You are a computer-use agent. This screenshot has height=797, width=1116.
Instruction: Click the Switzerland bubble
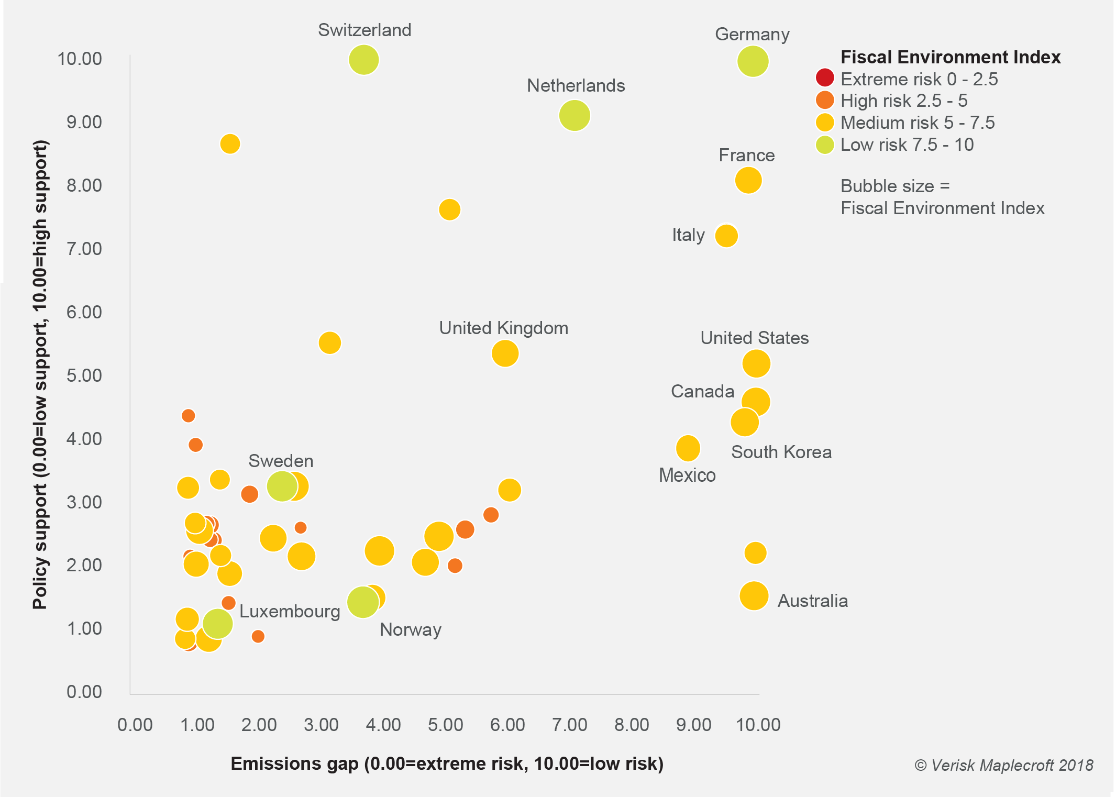pos(363,60)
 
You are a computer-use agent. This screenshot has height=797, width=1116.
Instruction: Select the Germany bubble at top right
pos(753,61)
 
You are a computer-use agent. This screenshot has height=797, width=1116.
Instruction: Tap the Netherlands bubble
pos(574,115)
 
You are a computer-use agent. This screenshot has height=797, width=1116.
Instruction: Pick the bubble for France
pos(748,180)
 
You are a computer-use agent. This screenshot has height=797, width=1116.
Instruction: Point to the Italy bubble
pos(726,236)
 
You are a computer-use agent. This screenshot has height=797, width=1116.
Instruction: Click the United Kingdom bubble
pos(505,353)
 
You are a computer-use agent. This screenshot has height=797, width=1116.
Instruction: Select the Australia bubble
pos(754,596)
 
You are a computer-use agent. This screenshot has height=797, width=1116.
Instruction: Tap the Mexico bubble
pos(688,448)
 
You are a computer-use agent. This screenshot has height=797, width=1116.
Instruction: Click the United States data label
pos(754,338)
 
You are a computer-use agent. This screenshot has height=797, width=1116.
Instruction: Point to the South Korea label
pos(781,452)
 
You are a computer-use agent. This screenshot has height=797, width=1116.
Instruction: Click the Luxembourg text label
pos(290,612)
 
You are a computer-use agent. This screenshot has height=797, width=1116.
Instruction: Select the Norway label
pos(410,630)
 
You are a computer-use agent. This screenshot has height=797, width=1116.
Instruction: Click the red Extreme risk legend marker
pos(824,78)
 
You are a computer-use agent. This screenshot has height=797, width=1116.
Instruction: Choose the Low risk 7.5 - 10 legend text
pos(907,145)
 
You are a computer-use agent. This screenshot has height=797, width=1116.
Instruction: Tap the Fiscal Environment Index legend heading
pos(950,57)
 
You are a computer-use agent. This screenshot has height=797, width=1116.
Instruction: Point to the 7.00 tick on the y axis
pos(84,249)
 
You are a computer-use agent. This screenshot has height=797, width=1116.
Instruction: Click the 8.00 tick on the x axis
pos(632,725)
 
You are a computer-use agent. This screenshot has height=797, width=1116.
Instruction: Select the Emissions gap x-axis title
pos(447,763)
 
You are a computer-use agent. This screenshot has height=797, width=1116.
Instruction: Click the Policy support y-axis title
pos(40,374)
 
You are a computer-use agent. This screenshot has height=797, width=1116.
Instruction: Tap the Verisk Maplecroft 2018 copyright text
pos(1003,766)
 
